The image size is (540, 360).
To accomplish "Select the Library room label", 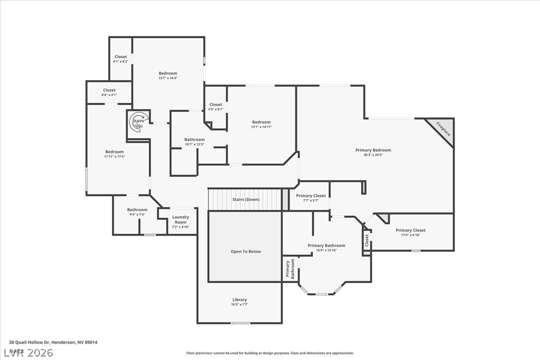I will pos(240,300).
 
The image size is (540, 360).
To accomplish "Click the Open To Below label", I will pos(246,252).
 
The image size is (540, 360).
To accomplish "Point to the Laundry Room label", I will pos(180,220).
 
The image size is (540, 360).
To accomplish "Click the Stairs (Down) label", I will pos(246,199).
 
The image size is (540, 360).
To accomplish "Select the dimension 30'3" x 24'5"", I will pos(373,155).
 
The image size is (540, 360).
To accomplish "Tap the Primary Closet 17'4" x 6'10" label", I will pos(410,230).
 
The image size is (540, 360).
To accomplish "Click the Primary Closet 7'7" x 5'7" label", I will pos(311,196).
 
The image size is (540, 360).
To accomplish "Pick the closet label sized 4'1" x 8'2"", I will pos(121,57).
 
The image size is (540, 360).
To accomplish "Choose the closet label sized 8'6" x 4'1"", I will pos(109,90).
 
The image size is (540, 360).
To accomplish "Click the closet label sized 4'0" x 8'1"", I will pos(216,105).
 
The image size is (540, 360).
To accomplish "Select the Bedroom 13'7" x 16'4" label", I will pos(168,74).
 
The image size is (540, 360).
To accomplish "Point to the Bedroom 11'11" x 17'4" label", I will pos(114,152).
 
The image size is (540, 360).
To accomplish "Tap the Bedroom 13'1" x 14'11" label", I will pos(261,122).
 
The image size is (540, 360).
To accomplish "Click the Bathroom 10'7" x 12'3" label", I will pos(194,140).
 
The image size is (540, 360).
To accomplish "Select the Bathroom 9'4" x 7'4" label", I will pos(137,210).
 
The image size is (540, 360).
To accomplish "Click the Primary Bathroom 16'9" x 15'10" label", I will pos(326,246).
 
